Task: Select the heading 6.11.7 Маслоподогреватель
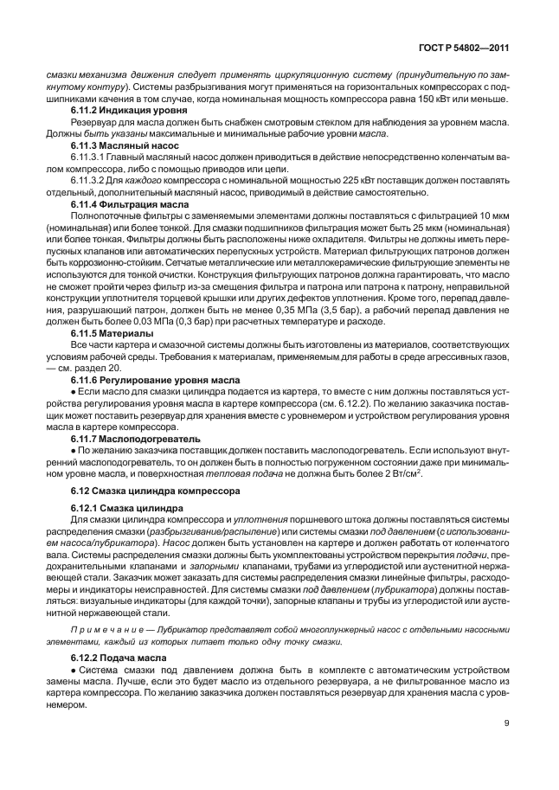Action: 129,440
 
